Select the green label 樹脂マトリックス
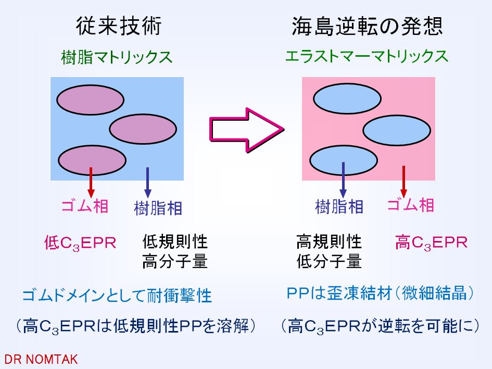click(117, 57)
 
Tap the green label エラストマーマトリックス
click(367, 56)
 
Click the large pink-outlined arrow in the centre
click(246, 129)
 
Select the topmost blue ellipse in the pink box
click(347, 100)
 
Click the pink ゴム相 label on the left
click(85, 207)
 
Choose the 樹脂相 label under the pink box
click(339, 207)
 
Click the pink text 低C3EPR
click(80, 243)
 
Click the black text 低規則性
click(175, 242)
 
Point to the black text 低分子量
click(329, 261)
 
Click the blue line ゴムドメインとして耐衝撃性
click(117, 296)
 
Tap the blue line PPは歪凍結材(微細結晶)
click(381, 294)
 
